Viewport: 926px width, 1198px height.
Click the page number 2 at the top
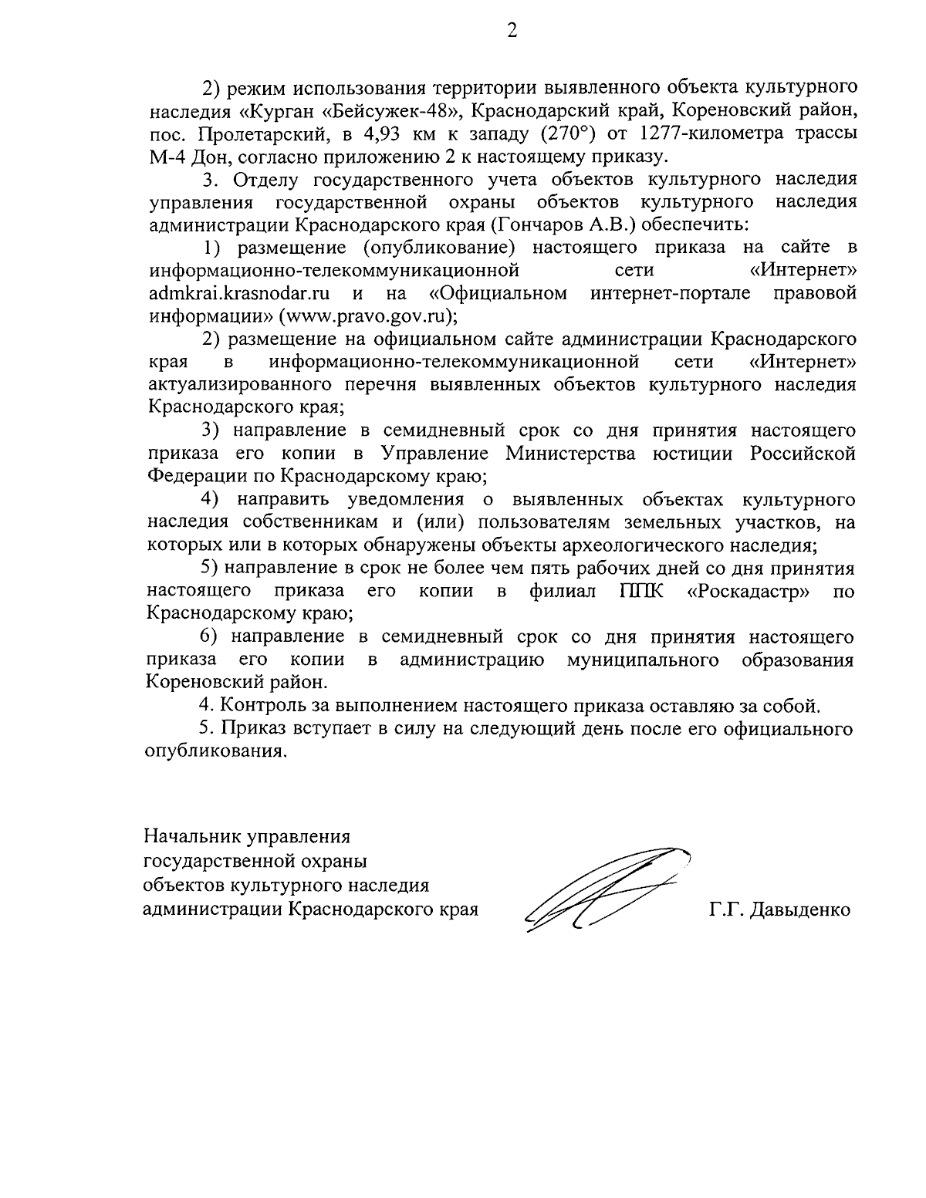[512, 31]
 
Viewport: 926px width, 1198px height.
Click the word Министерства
[570, 453]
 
